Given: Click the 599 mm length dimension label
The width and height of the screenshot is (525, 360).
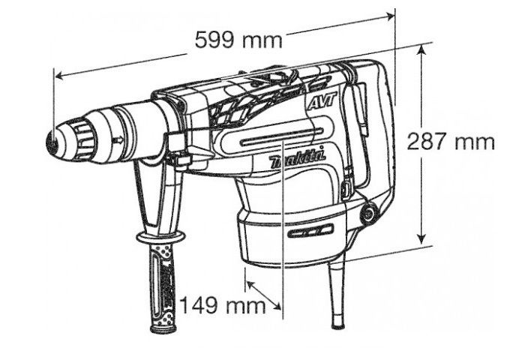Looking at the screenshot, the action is (x=238, y=40).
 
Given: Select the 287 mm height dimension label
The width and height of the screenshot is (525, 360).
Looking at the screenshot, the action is (x=451, y=141).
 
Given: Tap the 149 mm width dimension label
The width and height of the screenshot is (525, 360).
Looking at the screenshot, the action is (x=223, y=305).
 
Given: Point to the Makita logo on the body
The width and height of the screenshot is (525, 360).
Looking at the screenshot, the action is (x=297, y=159).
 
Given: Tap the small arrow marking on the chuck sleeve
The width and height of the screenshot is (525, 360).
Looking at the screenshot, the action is (x=118, y=141).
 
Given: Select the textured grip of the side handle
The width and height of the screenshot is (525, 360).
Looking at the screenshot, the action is (x=163, y=286).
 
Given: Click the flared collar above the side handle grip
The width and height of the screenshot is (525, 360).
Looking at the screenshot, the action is (x=160, y=238).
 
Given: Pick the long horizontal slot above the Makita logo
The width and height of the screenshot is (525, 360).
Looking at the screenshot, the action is (x=282, y=137).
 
